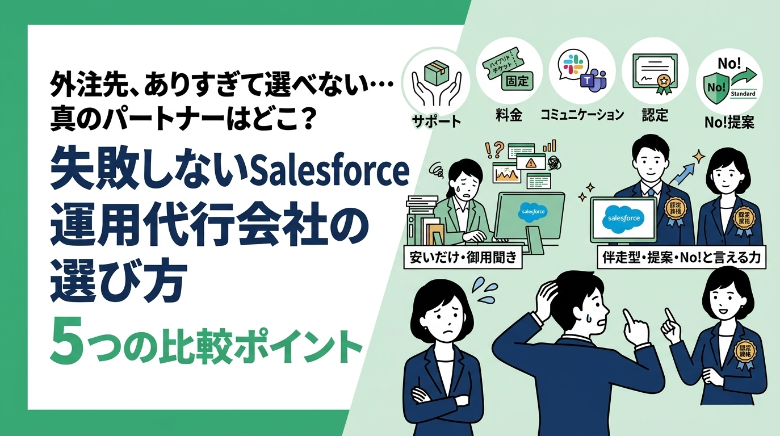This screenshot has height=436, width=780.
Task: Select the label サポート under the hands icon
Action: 435,121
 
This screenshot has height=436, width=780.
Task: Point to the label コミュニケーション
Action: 582,115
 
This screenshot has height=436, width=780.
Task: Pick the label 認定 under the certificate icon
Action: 655,115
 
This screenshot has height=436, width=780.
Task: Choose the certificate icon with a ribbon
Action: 655,74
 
